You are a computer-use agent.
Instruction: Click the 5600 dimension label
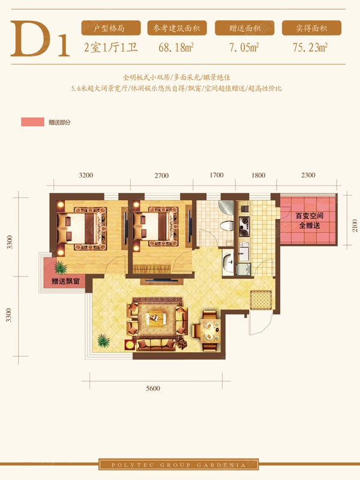click(153, 388)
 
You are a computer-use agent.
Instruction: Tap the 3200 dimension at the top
click(86, 175)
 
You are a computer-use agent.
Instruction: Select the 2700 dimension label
click(161, 175)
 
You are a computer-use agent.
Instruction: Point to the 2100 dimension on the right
click(355, 226)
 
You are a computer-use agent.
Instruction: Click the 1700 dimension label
click(217, 175)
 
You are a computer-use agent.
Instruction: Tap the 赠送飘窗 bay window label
click(65, 281)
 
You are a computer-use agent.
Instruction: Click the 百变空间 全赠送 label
click(310, 221)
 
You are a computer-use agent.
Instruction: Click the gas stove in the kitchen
click(244, 227)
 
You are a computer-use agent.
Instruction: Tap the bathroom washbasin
click(228, 262)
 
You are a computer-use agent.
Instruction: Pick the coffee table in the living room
click(156, 317)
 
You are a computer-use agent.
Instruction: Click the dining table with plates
click(210, 331)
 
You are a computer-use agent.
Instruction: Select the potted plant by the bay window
click(61, 268)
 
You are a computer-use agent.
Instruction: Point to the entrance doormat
click(261, 300)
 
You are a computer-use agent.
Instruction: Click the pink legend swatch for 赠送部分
click(33, 122)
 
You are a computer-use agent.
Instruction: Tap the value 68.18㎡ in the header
click(176, 47)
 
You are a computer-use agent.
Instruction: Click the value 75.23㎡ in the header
click(310, 47)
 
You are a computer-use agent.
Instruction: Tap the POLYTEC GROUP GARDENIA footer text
click(178, 465)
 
